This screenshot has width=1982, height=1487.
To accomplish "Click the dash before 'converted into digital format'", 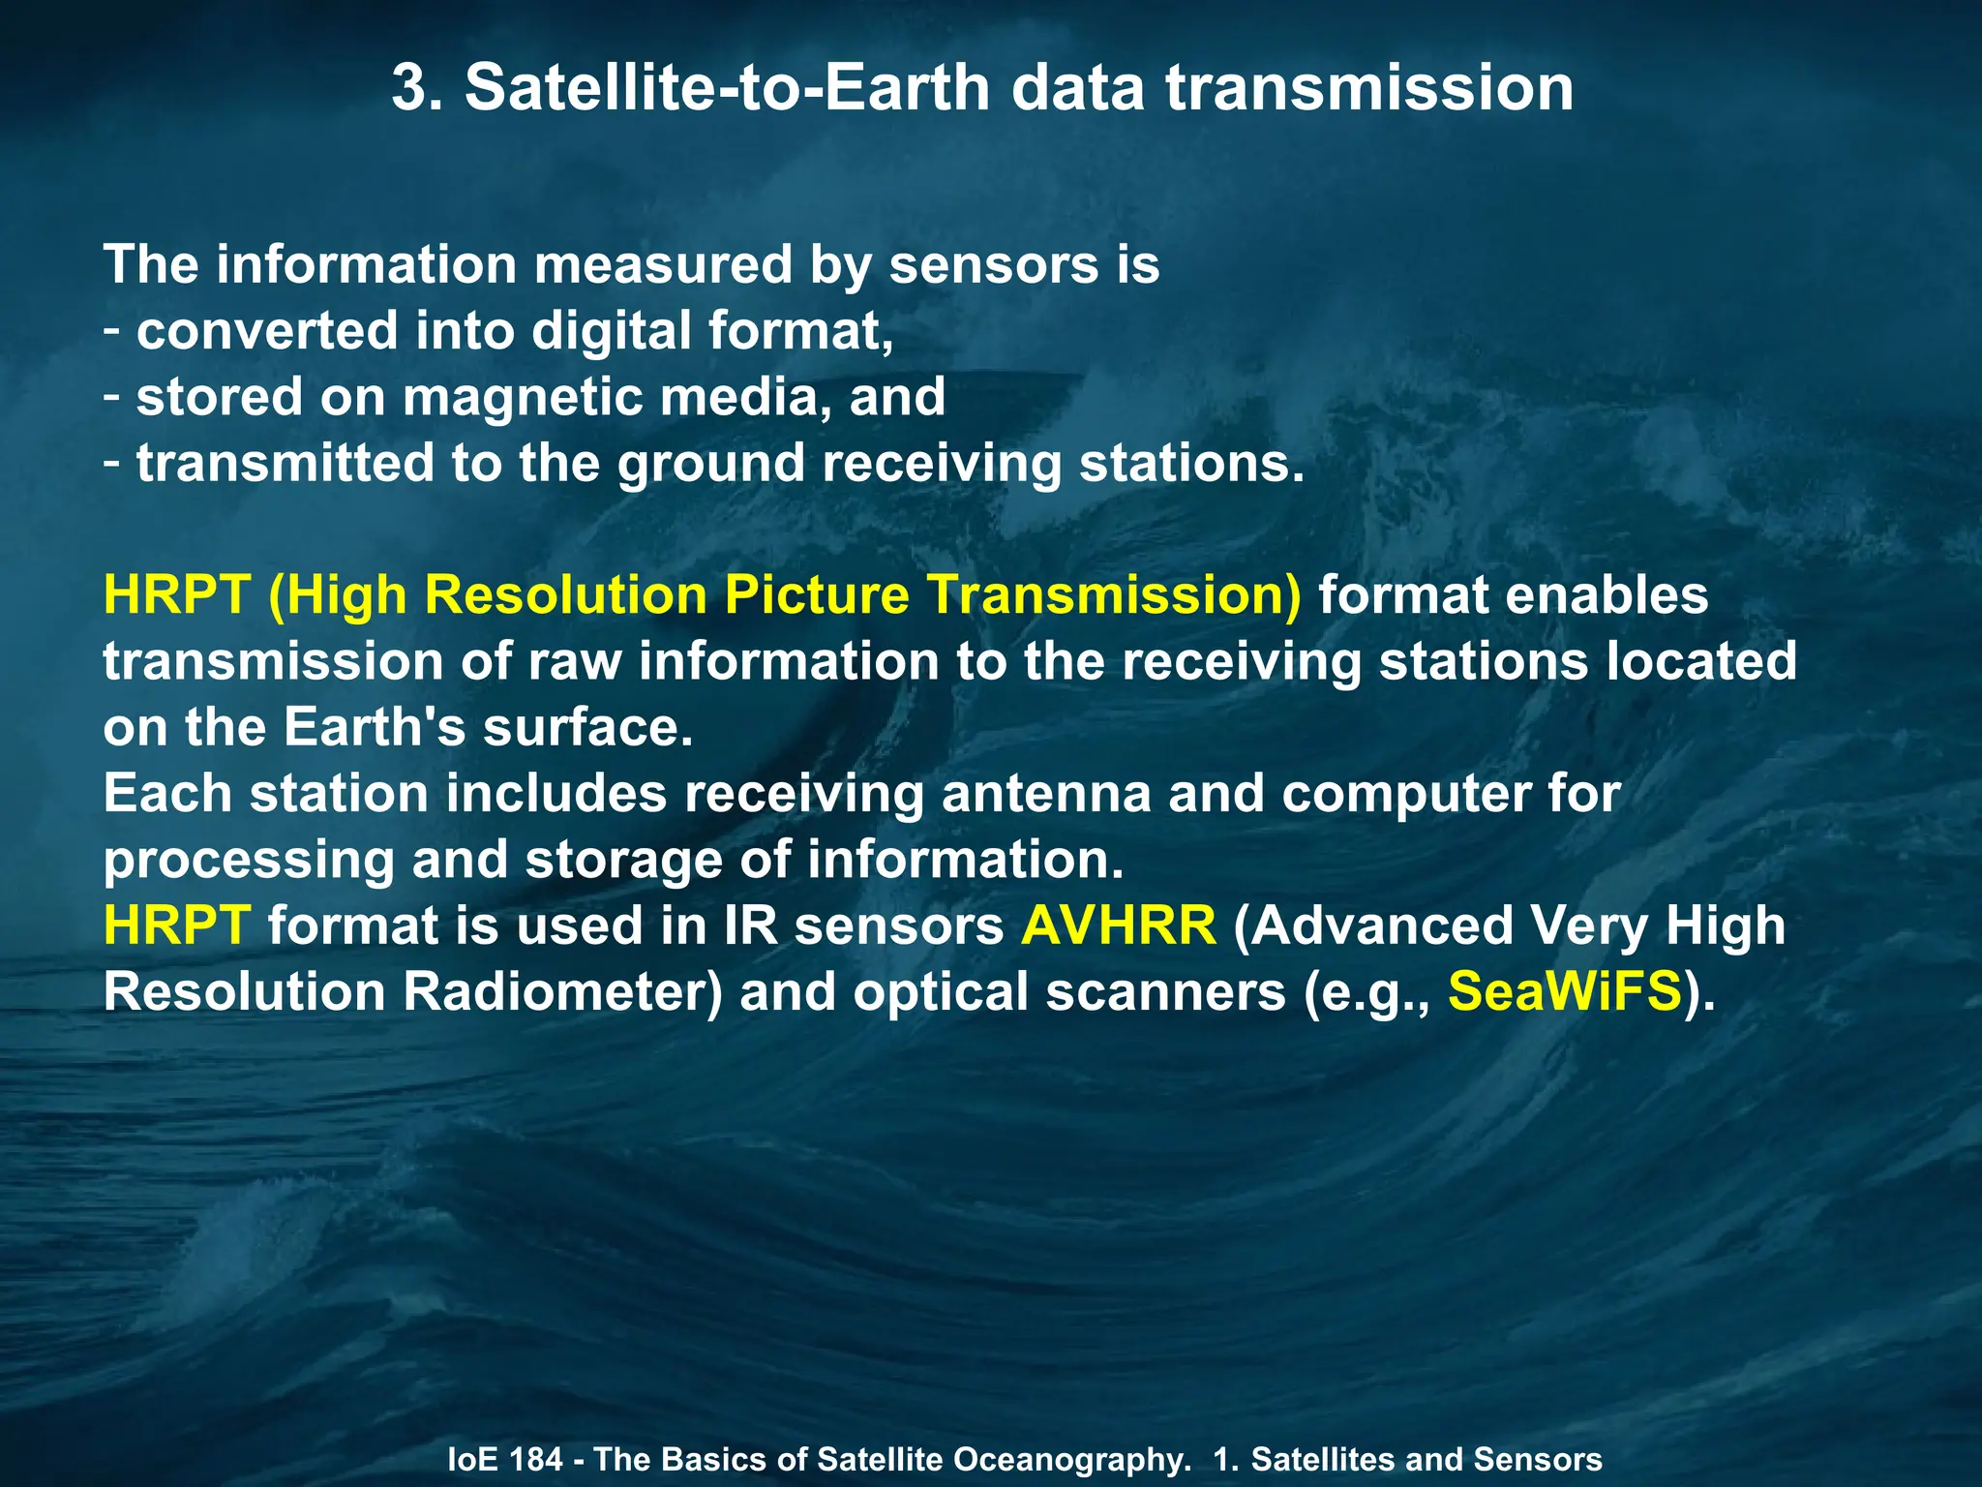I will click(112, 331).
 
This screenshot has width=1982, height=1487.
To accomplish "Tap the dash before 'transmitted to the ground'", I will click(112, 463).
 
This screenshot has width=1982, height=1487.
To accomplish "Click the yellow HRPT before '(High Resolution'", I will click(177, 595).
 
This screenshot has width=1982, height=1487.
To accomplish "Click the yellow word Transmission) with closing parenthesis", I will click(1115, 595).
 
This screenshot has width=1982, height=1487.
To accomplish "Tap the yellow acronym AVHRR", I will click(1118, 926).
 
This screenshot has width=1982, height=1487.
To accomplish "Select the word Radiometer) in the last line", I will click(562, 992).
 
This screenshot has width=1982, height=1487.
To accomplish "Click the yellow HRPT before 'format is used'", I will click(177, 926).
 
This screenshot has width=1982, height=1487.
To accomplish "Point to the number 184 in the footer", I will click(535, 1459).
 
